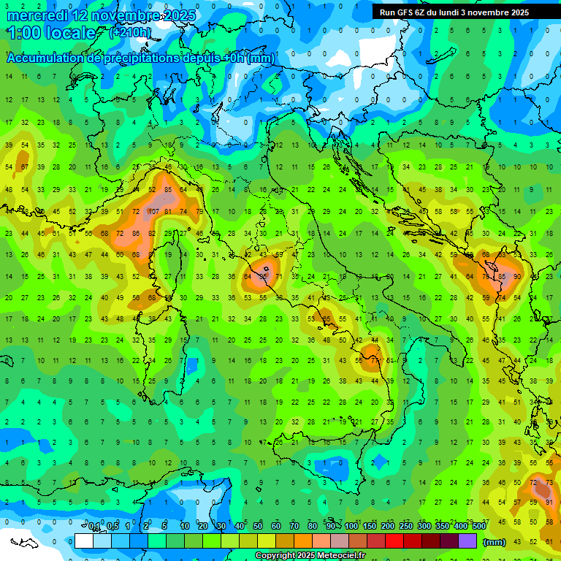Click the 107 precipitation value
(153, 212)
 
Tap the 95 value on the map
(264, 277)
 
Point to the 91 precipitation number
(549, 502)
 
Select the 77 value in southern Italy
(375, 360)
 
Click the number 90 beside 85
(517, 277)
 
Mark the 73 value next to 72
(549, 482)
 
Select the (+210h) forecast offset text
(130, 33)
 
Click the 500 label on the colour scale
(478, 527)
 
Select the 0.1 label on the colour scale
(94, 527)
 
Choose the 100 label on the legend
(351, 527)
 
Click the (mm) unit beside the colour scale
(495, 541)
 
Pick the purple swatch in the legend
(467, 541)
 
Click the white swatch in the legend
(83, 541)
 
